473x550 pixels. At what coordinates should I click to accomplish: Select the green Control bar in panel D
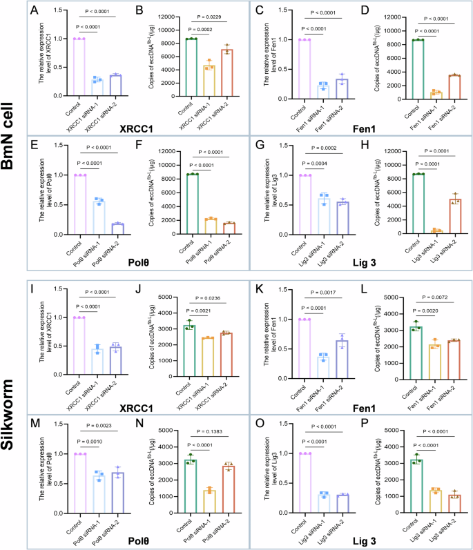click(418, 69)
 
